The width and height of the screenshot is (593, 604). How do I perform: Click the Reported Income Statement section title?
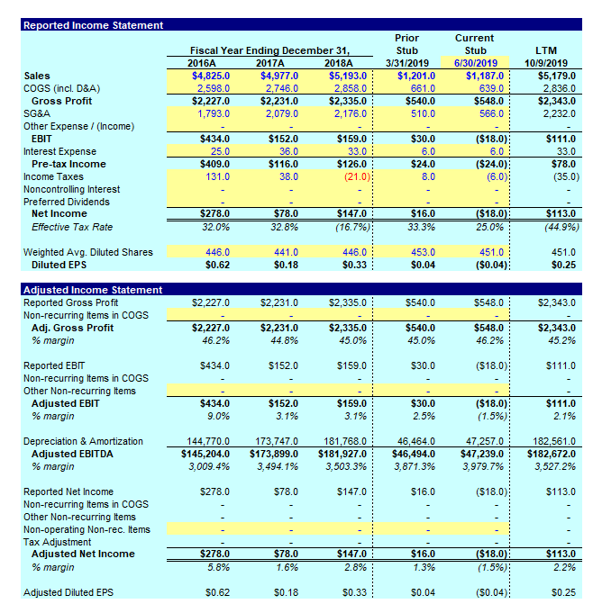coord(81,25)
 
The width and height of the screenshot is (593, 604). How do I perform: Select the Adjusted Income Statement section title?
coord(81,290)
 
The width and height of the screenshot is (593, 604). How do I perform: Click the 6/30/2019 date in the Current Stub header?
coord(474,63)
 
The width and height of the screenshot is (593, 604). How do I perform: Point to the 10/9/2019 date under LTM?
coord(545,63)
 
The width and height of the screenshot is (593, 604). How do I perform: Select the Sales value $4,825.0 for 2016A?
coord(212,77)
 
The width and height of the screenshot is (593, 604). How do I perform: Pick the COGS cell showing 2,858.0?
coord(347,89)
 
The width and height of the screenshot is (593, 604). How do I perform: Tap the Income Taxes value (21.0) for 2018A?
coord(350,177)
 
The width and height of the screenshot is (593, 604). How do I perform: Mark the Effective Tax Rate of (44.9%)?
coord(552,228)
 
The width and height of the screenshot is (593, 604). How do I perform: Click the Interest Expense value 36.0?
coord(286,152)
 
